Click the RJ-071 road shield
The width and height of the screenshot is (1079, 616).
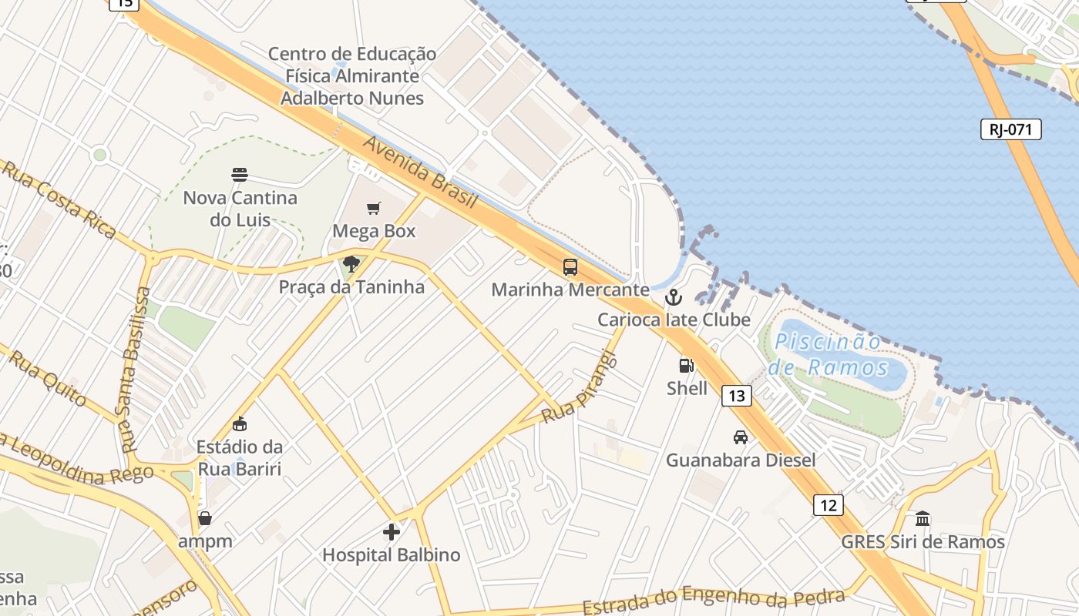1010,129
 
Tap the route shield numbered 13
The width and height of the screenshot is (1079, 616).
737,396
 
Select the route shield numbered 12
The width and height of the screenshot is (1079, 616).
828,505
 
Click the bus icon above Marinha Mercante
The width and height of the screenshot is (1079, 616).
570,267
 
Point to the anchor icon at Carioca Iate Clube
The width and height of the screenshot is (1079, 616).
674,296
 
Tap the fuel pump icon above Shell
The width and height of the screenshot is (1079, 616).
686,366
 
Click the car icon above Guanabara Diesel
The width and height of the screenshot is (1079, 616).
741,437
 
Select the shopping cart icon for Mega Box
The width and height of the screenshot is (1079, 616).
374,208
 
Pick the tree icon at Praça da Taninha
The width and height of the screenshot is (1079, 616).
351,265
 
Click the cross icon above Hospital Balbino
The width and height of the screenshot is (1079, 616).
392,531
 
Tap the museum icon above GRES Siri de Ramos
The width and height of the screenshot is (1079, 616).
923,518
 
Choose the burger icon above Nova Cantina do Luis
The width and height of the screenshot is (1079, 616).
240,174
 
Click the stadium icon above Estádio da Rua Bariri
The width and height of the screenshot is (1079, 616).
240,423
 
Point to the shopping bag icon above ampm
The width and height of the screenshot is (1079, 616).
205,518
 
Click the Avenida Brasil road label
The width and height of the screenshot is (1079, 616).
421,172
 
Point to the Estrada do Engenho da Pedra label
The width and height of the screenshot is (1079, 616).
713,599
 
